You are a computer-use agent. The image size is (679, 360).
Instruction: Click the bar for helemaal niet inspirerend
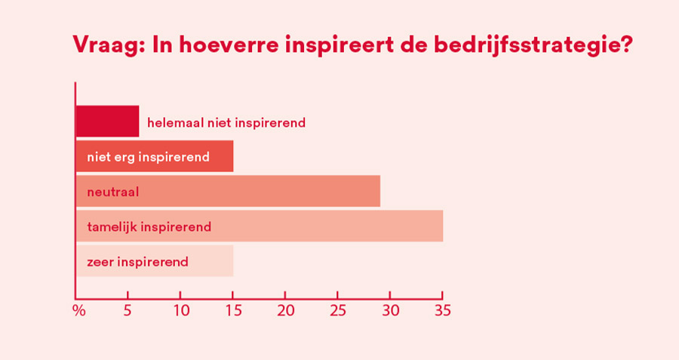(107, 122)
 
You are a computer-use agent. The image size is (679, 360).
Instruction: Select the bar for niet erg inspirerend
(155, 156)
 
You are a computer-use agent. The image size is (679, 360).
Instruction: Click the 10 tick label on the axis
(180, 311)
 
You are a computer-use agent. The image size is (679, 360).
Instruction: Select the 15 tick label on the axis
(232, 311)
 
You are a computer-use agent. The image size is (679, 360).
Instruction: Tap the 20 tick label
(285, 311)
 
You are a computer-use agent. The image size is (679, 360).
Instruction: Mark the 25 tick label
(337, 311)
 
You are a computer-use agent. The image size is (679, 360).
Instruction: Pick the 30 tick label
(390, 311)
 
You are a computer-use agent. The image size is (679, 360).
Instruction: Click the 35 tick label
(442, 311)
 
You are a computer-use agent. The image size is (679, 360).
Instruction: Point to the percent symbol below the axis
(78, 311)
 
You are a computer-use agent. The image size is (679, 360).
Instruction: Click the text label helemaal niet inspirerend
(226, 122)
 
